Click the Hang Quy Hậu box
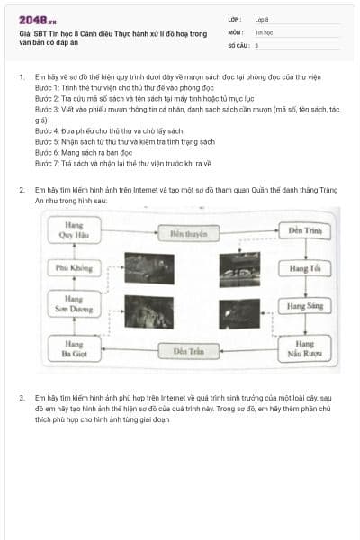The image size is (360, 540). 74,227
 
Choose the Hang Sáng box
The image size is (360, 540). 304,306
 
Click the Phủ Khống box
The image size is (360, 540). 74,267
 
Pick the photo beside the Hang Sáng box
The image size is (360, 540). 241,311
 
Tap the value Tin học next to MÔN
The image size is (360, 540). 263,31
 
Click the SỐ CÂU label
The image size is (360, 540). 237,44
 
